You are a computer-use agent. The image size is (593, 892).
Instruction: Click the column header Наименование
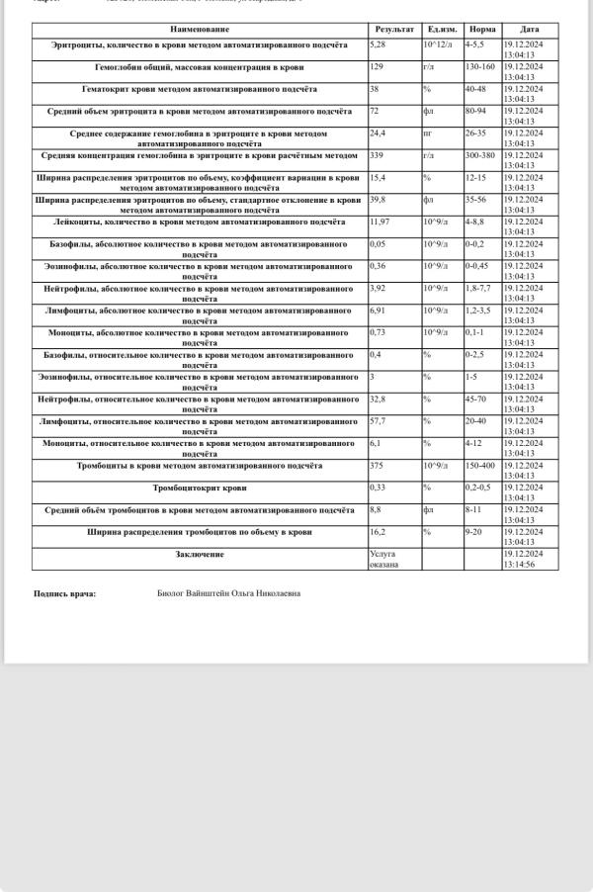[199, 30]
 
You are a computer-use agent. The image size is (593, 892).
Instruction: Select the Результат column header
[393, 30]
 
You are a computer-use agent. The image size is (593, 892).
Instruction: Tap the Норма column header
[482, 30]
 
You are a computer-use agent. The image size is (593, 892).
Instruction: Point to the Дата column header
[530, 30]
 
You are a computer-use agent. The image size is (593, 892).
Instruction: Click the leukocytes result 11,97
[380, 223]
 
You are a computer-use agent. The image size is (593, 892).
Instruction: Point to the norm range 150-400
[481, 466]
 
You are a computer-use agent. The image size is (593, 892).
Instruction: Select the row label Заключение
[200, 555]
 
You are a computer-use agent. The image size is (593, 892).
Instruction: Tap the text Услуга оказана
[383, 560]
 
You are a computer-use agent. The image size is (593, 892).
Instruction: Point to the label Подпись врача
[65, 593]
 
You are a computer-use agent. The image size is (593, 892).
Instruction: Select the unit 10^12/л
[437, 45]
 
